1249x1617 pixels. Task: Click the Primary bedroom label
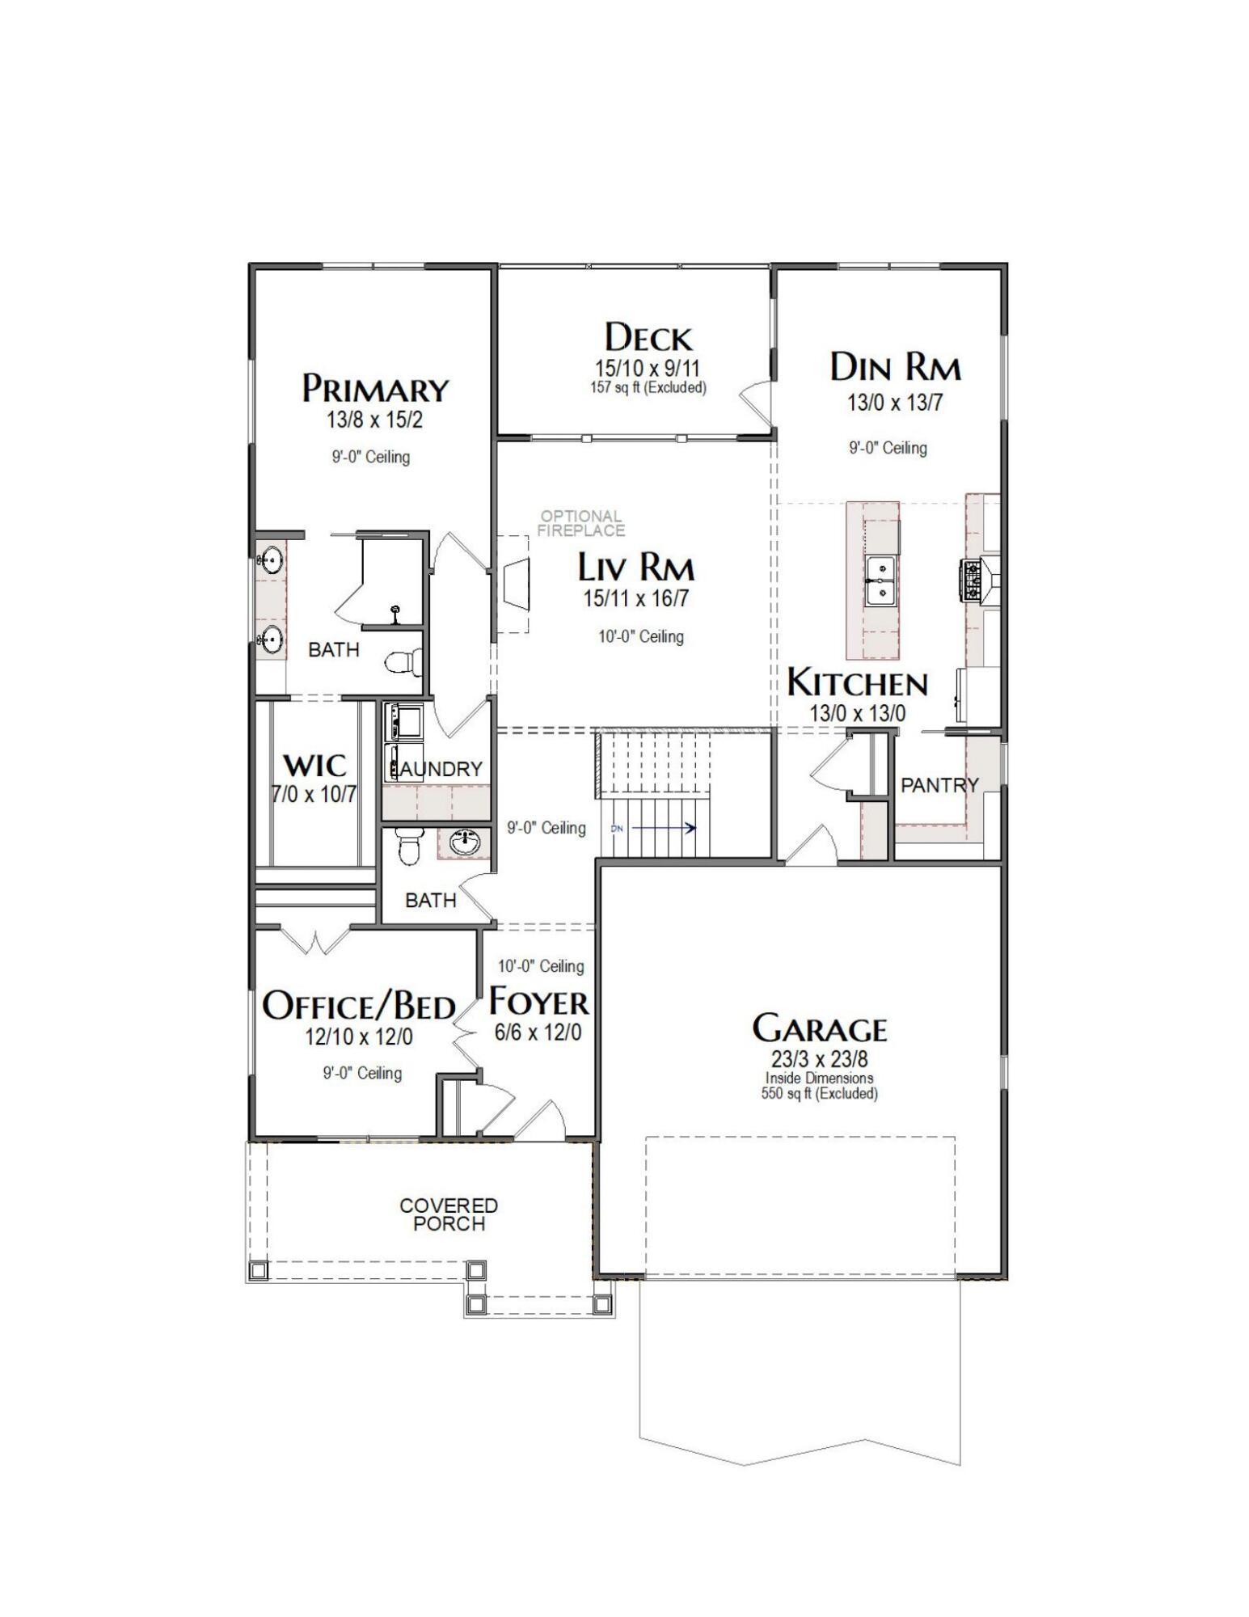click(x=374, y=389)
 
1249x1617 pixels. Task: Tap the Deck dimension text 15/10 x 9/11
click(x=648, y=369)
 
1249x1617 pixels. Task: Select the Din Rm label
click(x=894, y=368)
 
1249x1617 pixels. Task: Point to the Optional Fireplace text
click(x=580, y=523)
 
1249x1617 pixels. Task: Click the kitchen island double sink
click(x=879, y=581)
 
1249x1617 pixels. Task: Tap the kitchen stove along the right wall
click(x=971, y=581)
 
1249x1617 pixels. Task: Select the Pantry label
click(x=939, y=785)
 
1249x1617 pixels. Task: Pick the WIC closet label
click(x=314, y=766)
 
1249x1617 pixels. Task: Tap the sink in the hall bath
click(x=463, y=843)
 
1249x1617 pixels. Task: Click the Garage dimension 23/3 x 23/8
click(x=819, y=1059)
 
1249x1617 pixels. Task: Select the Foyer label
click(x=538, y=1003)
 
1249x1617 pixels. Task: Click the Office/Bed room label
click(x=358, y=1006)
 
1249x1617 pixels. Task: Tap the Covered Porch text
click(x=449, y=1214)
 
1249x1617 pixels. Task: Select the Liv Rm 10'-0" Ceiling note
click(x=640, y=636)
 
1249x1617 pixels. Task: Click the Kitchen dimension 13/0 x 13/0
click(x=857, y=713)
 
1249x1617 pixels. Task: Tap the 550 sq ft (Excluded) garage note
click(x=819, y=1094)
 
